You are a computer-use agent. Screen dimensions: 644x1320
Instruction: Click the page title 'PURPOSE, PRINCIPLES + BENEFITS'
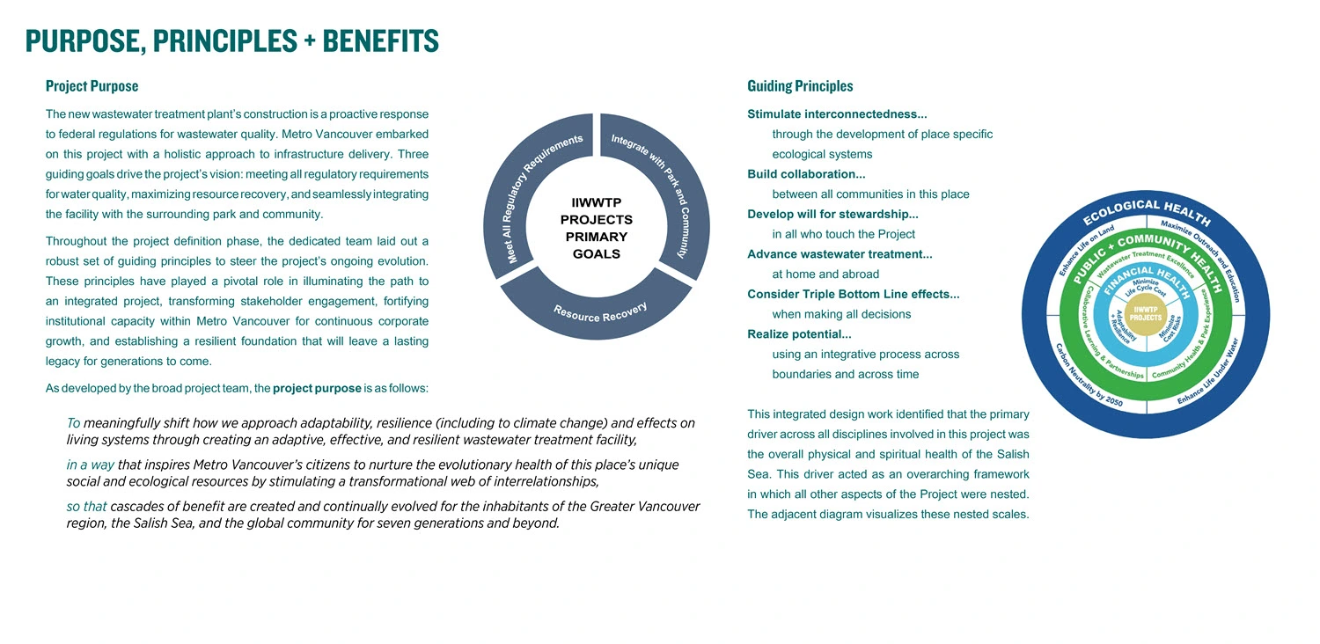click(231, 40)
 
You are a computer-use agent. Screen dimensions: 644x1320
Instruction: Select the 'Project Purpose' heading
click(92, 86)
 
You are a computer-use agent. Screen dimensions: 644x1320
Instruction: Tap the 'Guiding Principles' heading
click(800, 86)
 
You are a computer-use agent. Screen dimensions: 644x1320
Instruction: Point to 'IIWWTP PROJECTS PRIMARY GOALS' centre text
click(596, 229)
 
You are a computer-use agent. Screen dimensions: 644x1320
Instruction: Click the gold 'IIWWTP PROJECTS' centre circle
click(1145, 312)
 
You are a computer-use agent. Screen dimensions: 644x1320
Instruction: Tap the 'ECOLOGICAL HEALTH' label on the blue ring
click(1145, 212)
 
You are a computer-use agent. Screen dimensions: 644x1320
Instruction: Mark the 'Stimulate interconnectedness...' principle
click(837, 114)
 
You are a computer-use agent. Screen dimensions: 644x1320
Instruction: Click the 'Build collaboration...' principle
click(806, 174)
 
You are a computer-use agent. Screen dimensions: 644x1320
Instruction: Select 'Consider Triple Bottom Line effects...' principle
click(853, 294)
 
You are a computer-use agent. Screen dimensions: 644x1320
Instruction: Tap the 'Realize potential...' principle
click(799, 334)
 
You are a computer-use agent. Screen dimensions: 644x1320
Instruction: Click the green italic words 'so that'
click(86, 507)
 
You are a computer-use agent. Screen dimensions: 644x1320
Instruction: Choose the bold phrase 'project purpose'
click(317, 388)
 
